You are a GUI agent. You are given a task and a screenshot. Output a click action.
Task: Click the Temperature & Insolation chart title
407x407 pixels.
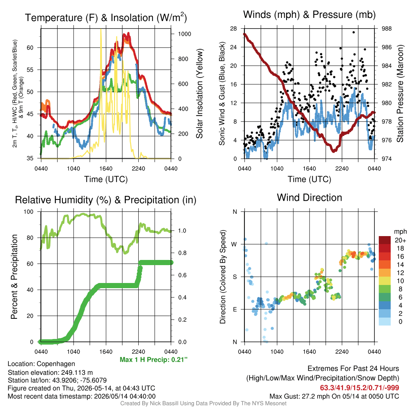pyautogui.click(x=106, y=17)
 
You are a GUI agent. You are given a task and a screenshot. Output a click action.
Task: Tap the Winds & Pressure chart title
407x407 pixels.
pyautogui.click(x=309, y=15)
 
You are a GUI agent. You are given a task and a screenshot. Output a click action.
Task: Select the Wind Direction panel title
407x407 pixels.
pyautogui.click(x=309, y=198)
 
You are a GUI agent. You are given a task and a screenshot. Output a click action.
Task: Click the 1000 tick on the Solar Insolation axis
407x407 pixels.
pyautogui.click(x=184, y=34)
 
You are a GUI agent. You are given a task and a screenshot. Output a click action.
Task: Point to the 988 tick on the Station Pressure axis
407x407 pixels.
pyautogui.click(x=386, y=29)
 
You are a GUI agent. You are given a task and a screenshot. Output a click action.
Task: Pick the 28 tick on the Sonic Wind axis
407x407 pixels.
pyautogui.click(x=234, y=29)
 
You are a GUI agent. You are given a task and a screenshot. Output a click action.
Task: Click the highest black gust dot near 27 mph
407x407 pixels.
pyautogui.click(x=353, y=32)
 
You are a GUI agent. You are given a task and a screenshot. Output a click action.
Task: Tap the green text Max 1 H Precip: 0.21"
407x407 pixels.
pyautogui.click(x=154, y=359)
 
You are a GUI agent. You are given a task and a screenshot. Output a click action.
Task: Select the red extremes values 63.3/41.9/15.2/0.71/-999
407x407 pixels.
pyautogui.click(x=359, y=388)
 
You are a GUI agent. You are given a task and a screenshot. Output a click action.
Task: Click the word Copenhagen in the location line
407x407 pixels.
pyautogui.click(x=56, y=364)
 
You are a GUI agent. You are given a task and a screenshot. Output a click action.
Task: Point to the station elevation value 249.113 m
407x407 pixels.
pyautogui.click(x=77, y=372)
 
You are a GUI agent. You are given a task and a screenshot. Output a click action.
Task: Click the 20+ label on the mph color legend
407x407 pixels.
pyautogui.click(x=400, y=240)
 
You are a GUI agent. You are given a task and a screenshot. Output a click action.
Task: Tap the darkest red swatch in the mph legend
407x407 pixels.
pyautogui.click(x=385, y=240)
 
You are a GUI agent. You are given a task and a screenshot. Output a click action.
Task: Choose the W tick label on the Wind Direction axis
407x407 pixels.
pyautogui.click(x=234, y=244)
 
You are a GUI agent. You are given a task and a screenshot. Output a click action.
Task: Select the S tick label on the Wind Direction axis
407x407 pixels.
pyautogui.click(x=235, y=277)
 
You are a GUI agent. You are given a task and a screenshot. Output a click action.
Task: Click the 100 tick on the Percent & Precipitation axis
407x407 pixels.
pyautogui.click(x=29, y=211)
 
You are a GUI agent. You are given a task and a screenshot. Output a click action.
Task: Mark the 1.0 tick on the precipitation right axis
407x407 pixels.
pyautogui.click(x=182, y=231)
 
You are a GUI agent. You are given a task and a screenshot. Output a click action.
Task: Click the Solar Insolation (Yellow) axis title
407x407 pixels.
pyautogui.click(x=200, y=93)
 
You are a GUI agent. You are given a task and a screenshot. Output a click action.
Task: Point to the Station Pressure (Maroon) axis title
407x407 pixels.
pyautogui.click(x=400, y=93)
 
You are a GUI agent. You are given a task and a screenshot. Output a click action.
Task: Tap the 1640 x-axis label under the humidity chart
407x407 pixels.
pyautogui.click(x=106, y=352)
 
